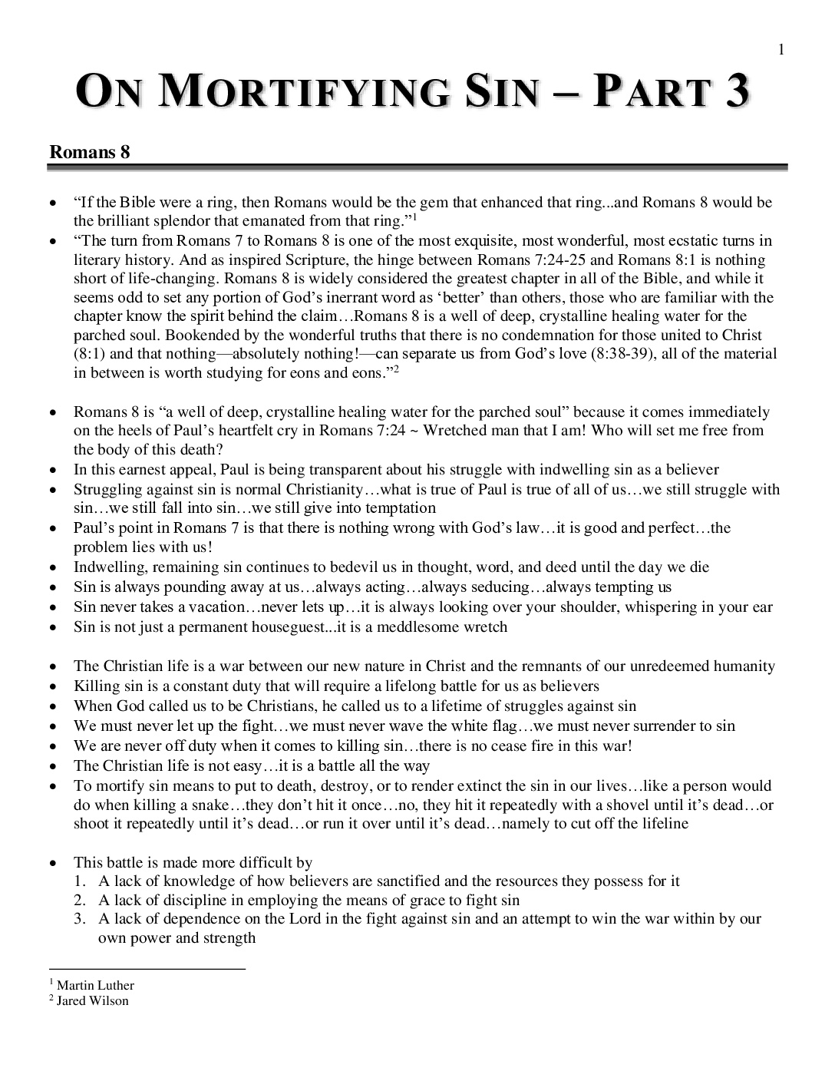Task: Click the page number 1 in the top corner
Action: [x=781, y=51]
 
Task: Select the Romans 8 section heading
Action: [x=90, y=152]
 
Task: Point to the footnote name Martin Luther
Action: [x=95, y=986]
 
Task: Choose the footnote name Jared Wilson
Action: [x=93, y=1001]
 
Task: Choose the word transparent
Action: [x=391, y=470]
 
